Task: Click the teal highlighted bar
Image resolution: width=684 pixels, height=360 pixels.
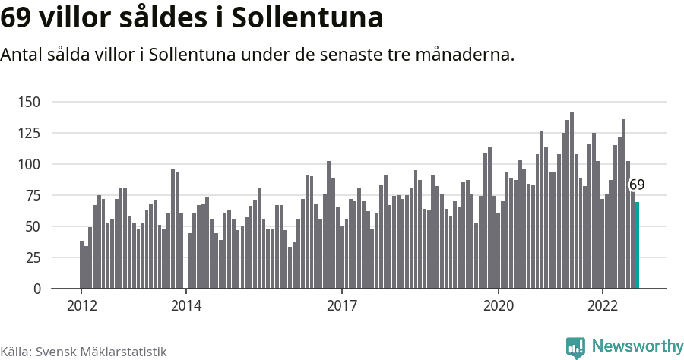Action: [x=637, y=245]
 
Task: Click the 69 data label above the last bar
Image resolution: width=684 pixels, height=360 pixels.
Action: [x=637, y=185]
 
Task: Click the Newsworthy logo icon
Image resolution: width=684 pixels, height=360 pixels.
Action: [x=575, y=347]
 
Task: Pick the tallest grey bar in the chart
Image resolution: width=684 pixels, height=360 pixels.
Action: [x=572, y=200]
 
